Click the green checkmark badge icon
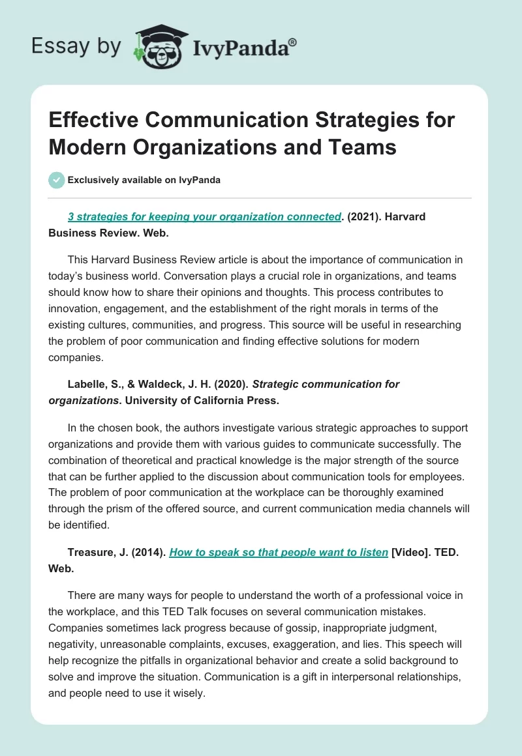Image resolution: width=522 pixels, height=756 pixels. pyautogui.click(x=57, y=180)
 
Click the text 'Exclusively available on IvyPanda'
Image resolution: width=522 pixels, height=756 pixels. pyautogui.click(x=144, y=180)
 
